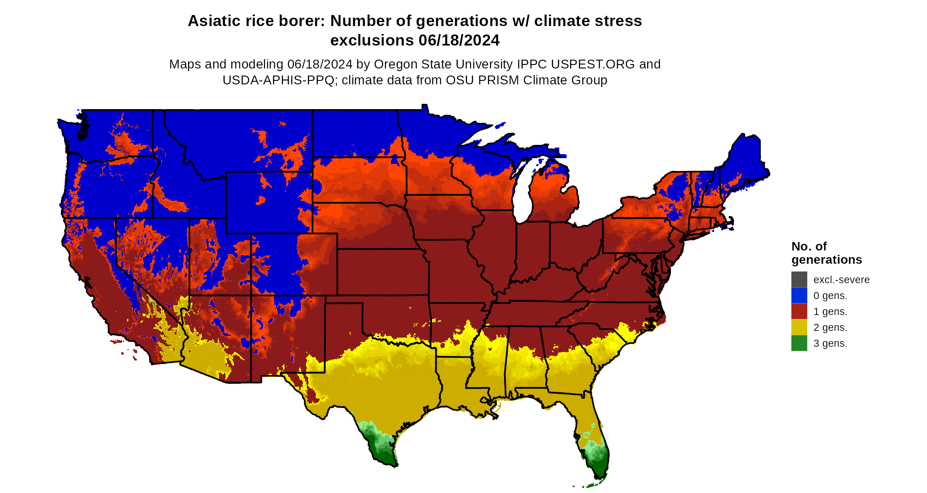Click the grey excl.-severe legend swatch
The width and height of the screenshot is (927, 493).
tap(799, 280)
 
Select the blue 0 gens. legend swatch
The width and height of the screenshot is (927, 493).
tap(799, 296)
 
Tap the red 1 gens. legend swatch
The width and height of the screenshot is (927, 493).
tap(799, 311)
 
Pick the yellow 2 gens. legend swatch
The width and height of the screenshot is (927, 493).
tap(799, 327)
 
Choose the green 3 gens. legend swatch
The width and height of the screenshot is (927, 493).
tap(799, 343)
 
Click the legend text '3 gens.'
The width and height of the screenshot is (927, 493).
tap(830, 343)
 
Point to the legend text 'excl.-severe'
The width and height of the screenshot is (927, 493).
tap(841, 280)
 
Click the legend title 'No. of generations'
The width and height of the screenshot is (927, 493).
tap(826, 253)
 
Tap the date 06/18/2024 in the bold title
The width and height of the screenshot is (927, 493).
tap(459, 40)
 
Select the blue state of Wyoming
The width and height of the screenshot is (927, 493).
tap(269, 203)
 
